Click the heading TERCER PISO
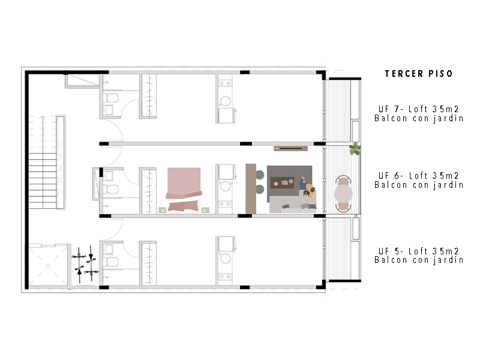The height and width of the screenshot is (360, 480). pyautogui.click(x=418, y=74)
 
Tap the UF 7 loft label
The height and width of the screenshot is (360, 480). pyautogui.click(x=419, y=113)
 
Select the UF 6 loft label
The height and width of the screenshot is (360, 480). pyautogui.click(x=419, y=181)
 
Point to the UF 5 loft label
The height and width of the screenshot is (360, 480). pyautogui.click(x=419, y=256)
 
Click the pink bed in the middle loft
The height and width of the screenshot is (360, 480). pyautogui.click(x=184, y=189)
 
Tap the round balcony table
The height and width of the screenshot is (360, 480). pyautogui.click(x=343, y=193)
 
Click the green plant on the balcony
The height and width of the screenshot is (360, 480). pyautogui.click(x=355, y=149)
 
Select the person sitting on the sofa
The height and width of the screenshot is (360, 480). pyautogui.click(x=308, y=188)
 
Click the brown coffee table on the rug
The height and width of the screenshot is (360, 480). pyautogui.click(x=282, y=183)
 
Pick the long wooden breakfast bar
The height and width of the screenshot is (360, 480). pyautogui.click(x=251, y=188)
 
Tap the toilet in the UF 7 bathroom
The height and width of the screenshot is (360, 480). pyautogui.click(x=110, y=98)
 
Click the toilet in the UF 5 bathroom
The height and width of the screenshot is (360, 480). pyautogui.click(x=110, y=262)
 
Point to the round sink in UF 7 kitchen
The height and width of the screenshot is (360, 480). pyautogui.click(x=226, y=101)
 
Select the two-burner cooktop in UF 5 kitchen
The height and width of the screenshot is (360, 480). pyautogui.click(x=226, y=277)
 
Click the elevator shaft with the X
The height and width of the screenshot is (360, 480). pyautogui.click(x=48, y=265)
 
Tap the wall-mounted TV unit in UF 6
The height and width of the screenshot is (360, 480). pyautogui.click(x=290, y=149)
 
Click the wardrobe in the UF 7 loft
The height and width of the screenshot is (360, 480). pyautogui.click(x=148, y=95)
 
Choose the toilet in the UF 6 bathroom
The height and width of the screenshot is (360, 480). pyautogui.click(x=110, y=189)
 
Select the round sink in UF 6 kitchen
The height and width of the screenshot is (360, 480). pyautogui.click(x=226, y=186)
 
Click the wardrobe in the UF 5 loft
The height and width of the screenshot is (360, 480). pyautogui.click(x=148, y=263)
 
